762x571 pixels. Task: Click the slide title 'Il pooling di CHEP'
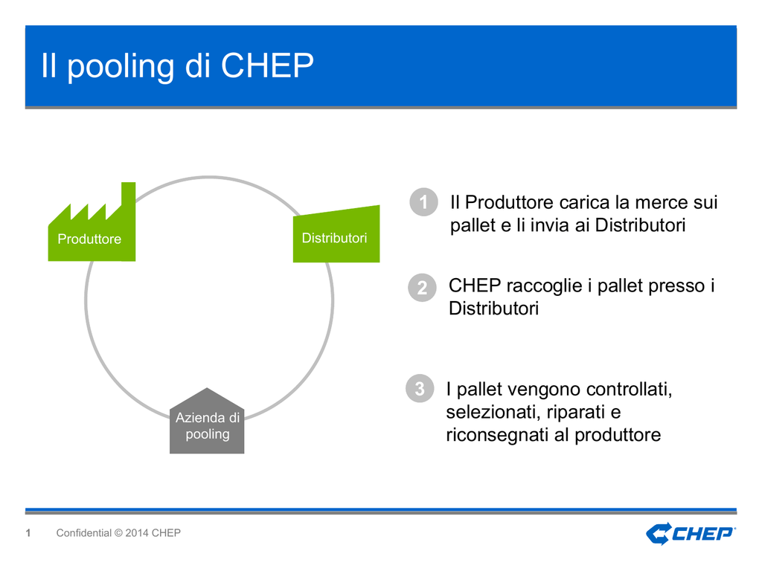177,66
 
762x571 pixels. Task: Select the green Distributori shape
336,234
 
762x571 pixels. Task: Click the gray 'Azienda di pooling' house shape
207,422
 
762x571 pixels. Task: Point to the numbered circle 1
423,202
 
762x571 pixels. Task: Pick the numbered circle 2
423,288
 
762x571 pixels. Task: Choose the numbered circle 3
420,388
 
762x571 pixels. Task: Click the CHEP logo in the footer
691,534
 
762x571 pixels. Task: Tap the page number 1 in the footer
28,533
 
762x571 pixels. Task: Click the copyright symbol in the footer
118,533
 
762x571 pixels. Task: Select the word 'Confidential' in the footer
83,533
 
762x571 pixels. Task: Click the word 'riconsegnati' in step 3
497,435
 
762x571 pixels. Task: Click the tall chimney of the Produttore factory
128,201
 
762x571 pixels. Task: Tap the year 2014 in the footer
137,533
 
